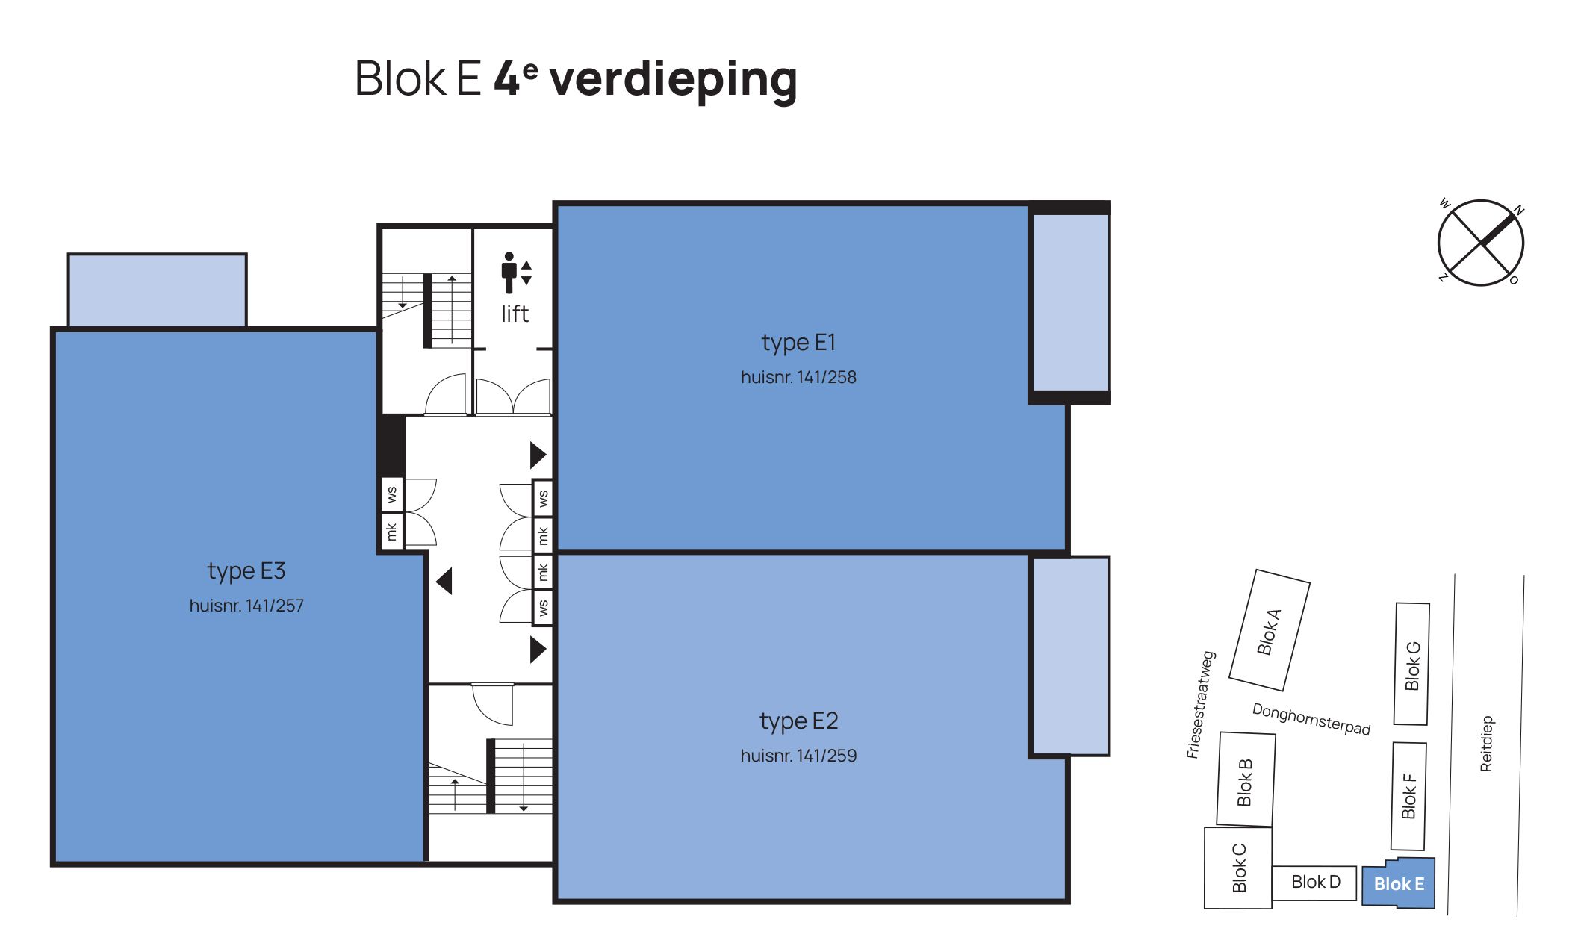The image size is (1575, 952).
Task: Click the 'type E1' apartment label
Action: pos(798,343)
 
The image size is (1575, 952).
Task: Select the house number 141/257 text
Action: pos(246,606)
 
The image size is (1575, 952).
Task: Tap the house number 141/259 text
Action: pos(798,756)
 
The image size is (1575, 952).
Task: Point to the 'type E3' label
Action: pos(246,571)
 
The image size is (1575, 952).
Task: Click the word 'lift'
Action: pos(515,314)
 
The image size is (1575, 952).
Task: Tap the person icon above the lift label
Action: pos(509,273)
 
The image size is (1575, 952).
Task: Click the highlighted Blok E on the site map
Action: pos(1399,886)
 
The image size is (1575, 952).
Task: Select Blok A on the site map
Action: pos(1270,631)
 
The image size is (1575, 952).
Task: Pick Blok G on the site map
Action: pos(1412,664)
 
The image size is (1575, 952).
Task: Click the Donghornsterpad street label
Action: pos(1311,719)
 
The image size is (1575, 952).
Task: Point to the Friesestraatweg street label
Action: pos(1201,705)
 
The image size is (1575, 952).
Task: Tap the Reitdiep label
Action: pos(1486,744)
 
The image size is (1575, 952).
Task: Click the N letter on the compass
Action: pos(1518,210)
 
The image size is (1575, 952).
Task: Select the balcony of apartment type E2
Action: pos(1069,656)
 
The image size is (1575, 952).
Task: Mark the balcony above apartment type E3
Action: pos(157,290)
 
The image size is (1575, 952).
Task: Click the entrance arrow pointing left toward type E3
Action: pos(444,581)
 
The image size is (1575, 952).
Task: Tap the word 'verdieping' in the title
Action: pos(673,80)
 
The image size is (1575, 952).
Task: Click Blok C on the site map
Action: pos(1238,868)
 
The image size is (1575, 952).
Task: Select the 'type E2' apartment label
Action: pos(798,721)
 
